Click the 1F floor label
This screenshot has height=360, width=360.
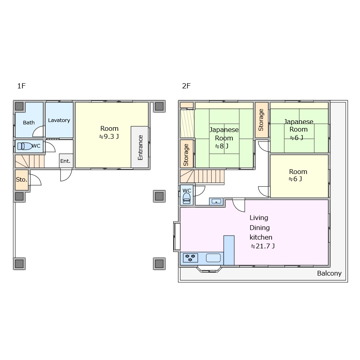coord(21,86)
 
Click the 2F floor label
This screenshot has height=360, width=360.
coord(186,86)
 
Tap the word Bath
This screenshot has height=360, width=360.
coord(29,123)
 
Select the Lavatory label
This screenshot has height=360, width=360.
coord(59,120)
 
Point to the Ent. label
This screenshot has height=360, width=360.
coord(65,161)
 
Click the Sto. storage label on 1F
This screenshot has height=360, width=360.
coord(22,180)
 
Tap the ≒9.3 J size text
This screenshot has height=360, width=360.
coord(109,137)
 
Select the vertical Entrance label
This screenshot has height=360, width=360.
coord(140,148)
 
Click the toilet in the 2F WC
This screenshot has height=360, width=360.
coord(186,198)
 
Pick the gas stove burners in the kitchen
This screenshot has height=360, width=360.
coord(190,258)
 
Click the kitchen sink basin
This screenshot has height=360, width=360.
coord(213,258)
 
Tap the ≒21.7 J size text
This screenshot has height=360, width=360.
coord(263,246)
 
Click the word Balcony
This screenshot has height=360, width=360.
coord(329,274)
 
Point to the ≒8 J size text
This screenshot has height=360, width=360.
coord(222,146)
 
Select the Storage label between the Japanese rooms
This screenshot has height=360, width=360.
coord(261,120)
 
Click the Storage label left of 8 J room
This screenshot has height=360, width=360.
coord(186,155)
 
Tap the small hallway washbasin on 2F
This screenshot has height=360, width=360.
coord(216,201)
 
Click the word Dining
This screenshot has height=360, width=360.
coord(260,228)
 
